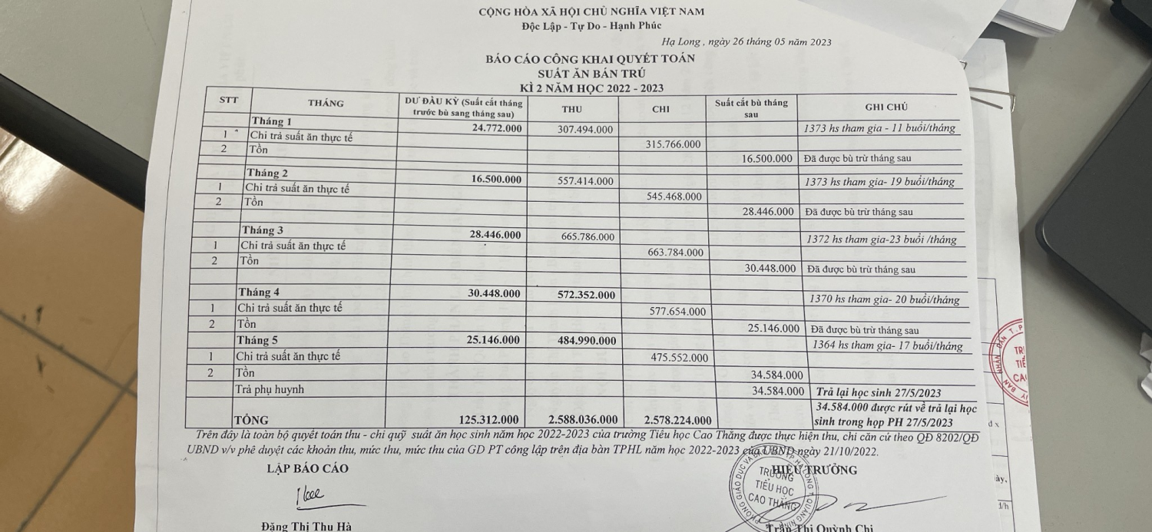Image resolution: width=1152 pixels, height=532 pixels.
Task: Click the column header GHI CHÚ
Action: point(886,107)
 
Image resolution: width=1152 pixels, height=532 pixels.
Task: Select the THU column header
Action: point(571,109)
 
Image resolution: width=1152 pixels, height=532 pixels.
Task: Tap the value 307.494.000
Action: point(585,130)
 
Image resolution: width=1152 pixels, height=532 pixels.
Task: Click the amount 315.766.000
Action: point(672,144)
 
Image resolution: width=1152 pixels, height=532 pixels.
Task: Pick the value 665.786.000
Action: point(588,236)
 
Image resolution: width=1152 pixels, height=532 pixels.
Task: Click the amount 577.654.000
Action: point(677,312)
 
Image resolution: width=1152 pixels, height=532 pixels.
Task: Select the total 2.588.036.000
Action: point(583,420)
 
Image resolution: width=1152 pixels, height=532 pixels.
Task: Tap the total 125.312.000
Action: point(488,420)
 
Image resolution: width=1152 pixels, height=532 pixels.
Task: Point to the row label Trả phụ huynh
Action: point(269,390)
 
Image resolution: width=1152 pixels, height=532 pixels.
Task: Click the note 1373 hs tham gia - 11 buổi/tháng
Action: point(879,128)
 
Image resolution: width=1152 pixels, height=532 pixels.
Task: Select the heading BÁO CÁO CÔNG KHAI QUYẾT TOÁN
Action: point(590,59)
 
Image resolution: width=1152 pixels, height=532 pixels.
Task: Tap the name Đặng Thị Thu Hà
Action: point(306,526)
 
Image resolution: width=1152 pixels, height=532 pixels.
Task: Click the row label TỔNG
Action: point(251,420)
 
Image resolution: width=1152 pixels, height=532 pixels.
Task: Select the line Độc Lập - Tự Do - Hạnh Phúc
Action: point(591,25)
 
